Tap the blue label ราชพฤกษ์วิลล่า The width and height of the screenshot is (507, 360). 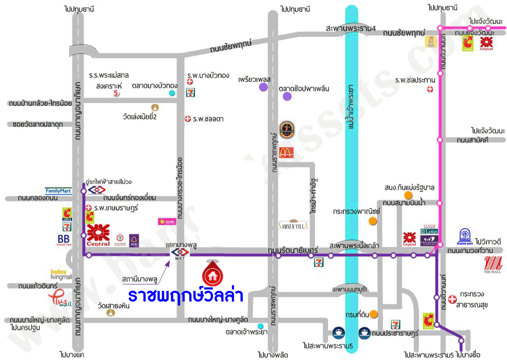coord(185,296)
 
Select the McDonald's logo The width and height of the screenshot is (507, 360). coord(287,152)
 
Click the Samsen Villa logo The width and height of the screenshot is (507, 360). coord(293,225)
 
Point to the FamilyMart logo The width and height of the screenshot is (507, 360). coord(58,191)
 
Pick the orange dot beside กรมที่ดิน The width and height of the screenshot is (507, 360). coord(373,314)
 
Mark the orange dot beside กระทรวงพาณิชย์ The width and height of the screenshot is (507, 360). coord(372,221)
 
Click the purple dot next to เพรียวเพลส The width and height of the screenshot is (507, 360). coord(263,87)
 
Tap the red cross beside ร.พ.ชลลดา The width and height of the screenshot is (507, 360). coord(188,119)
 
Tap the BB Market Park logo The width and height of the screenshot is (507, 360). coord(64,240)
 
